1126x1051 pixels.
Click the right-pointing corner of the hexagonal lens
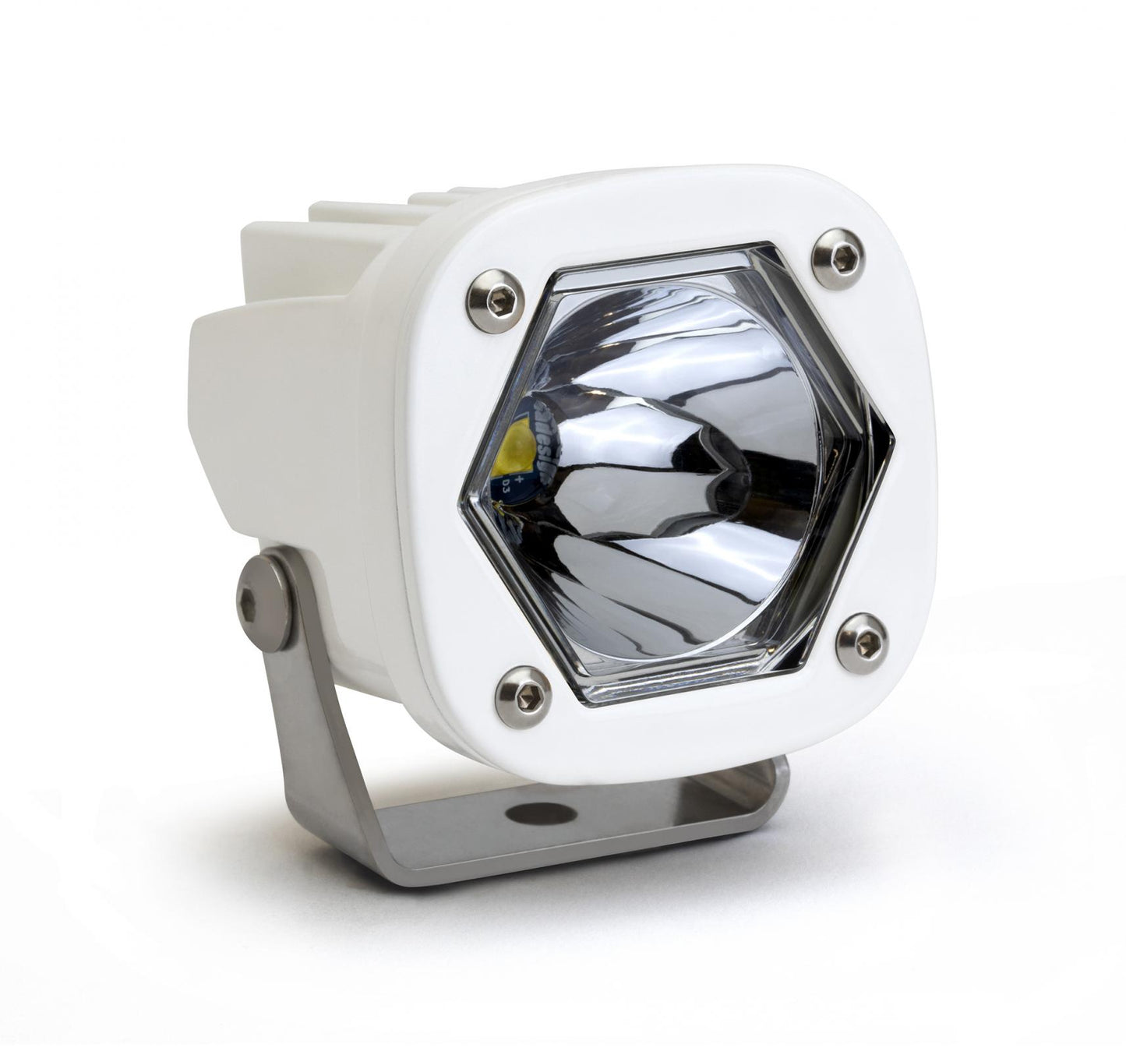pos(891,445)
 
